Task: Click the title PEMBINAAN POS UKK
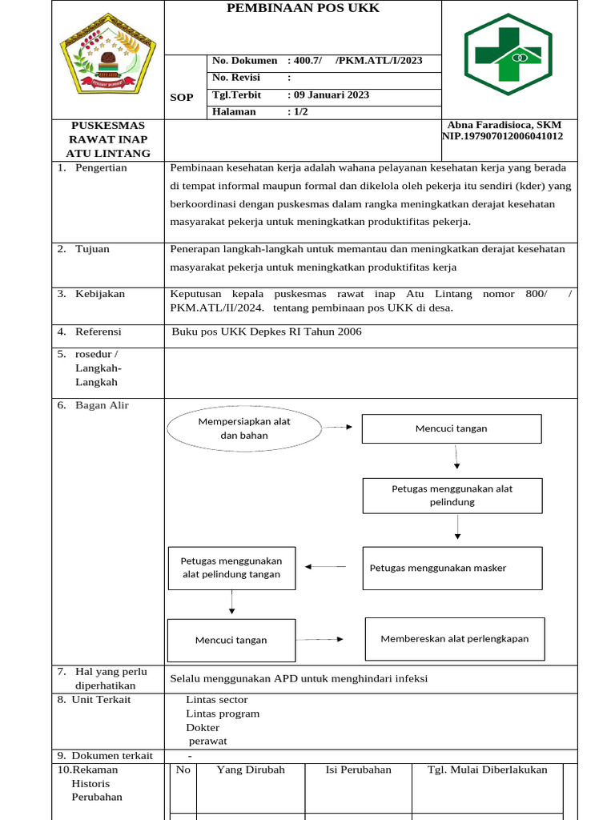point(303,9)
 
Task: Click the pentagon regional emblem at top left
point(107,59)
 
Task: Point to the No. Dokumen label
point(243,61)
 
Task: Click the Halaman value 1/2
point(300,111)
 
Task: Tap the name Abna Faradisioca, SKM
point(504,125)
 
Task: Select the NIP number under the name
point(503,136)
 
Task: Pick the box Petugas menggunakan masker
point(452,568)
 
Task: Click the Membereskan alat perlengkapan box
point(454,639)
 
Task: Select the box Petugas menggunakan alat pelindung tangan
point(231,568)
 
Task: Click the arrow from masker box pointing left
point(325,567)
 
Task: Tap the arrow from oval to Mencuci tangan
point(337,428)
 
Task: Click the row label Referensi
point(98,332)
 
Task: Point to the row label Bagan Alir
point(102,405)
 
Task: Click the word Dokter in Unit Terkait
point(203,728)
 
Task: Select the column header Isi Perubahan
point(358,770)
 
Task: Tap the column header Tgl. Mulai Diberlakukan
point(487,770)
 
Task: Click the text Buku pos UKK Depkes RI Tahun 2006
point(267,332)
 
